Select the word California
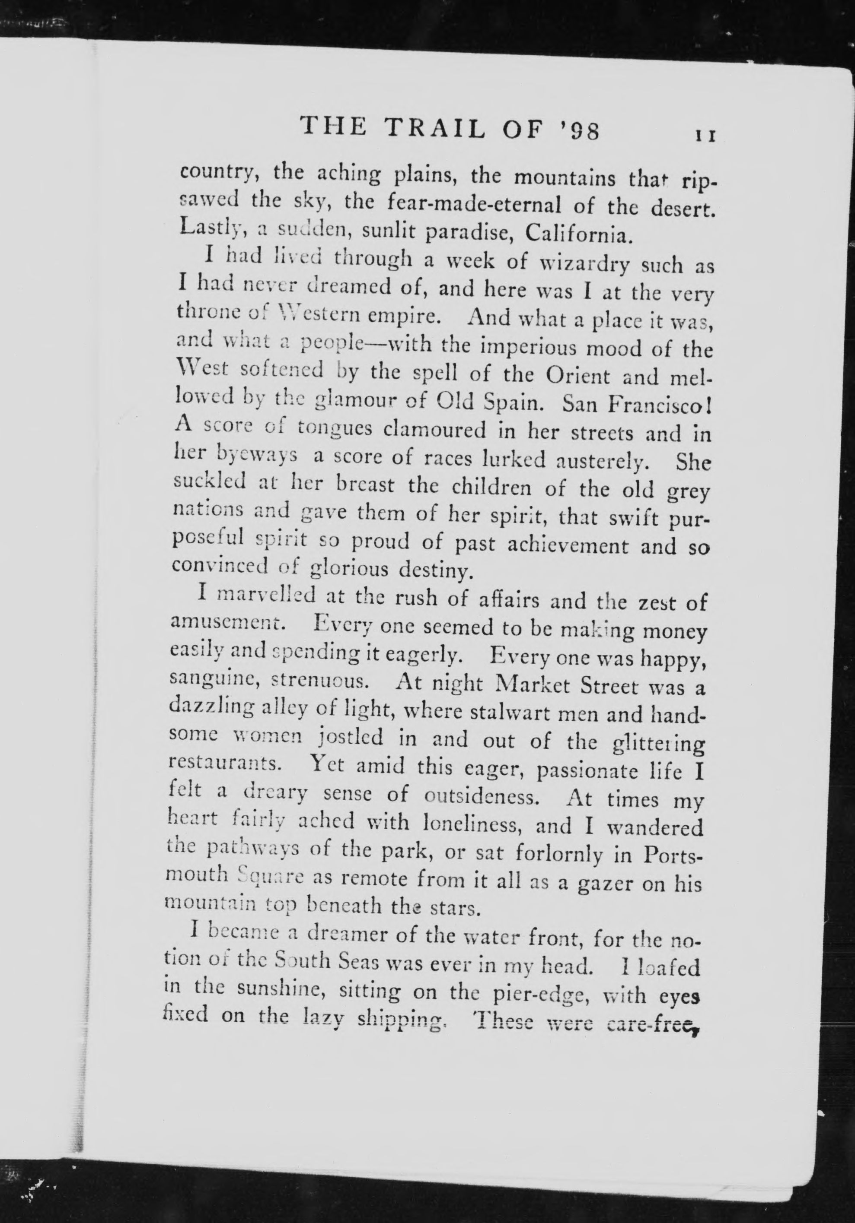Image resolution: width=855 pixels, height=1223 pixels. pyautogui.click(x=578, y=232)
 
